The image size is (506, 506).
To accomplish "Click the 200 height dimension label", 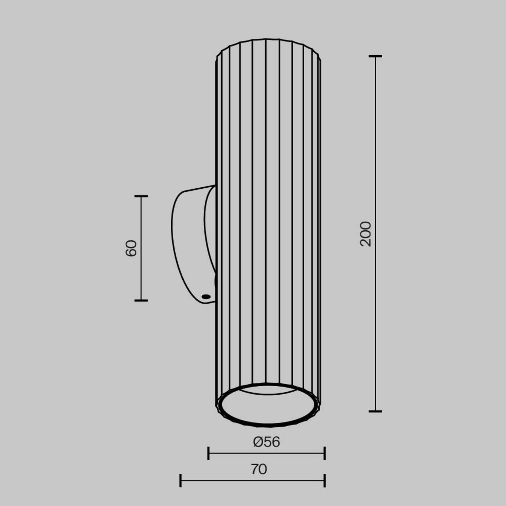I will (x=366, y=234).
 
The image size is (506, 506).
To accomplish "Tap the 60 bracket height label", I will (x=131, y=248).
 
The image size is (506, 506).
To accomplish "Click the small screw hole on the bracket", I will (x=206, y=296).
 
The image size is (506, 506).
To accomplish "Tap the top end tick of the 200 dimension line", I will (x=375, y=56).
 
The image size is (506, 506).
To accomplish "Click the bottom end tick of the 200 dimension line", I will (x=375, y=411).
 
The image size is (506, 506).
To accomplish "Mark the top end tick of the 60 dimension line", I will (x=141, y=196).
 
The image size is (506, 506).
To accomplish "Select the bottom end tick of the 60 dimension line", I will (x=141, y=300).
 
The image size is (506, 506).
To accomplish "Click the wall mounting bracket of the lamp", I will (x=190, y=237).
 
